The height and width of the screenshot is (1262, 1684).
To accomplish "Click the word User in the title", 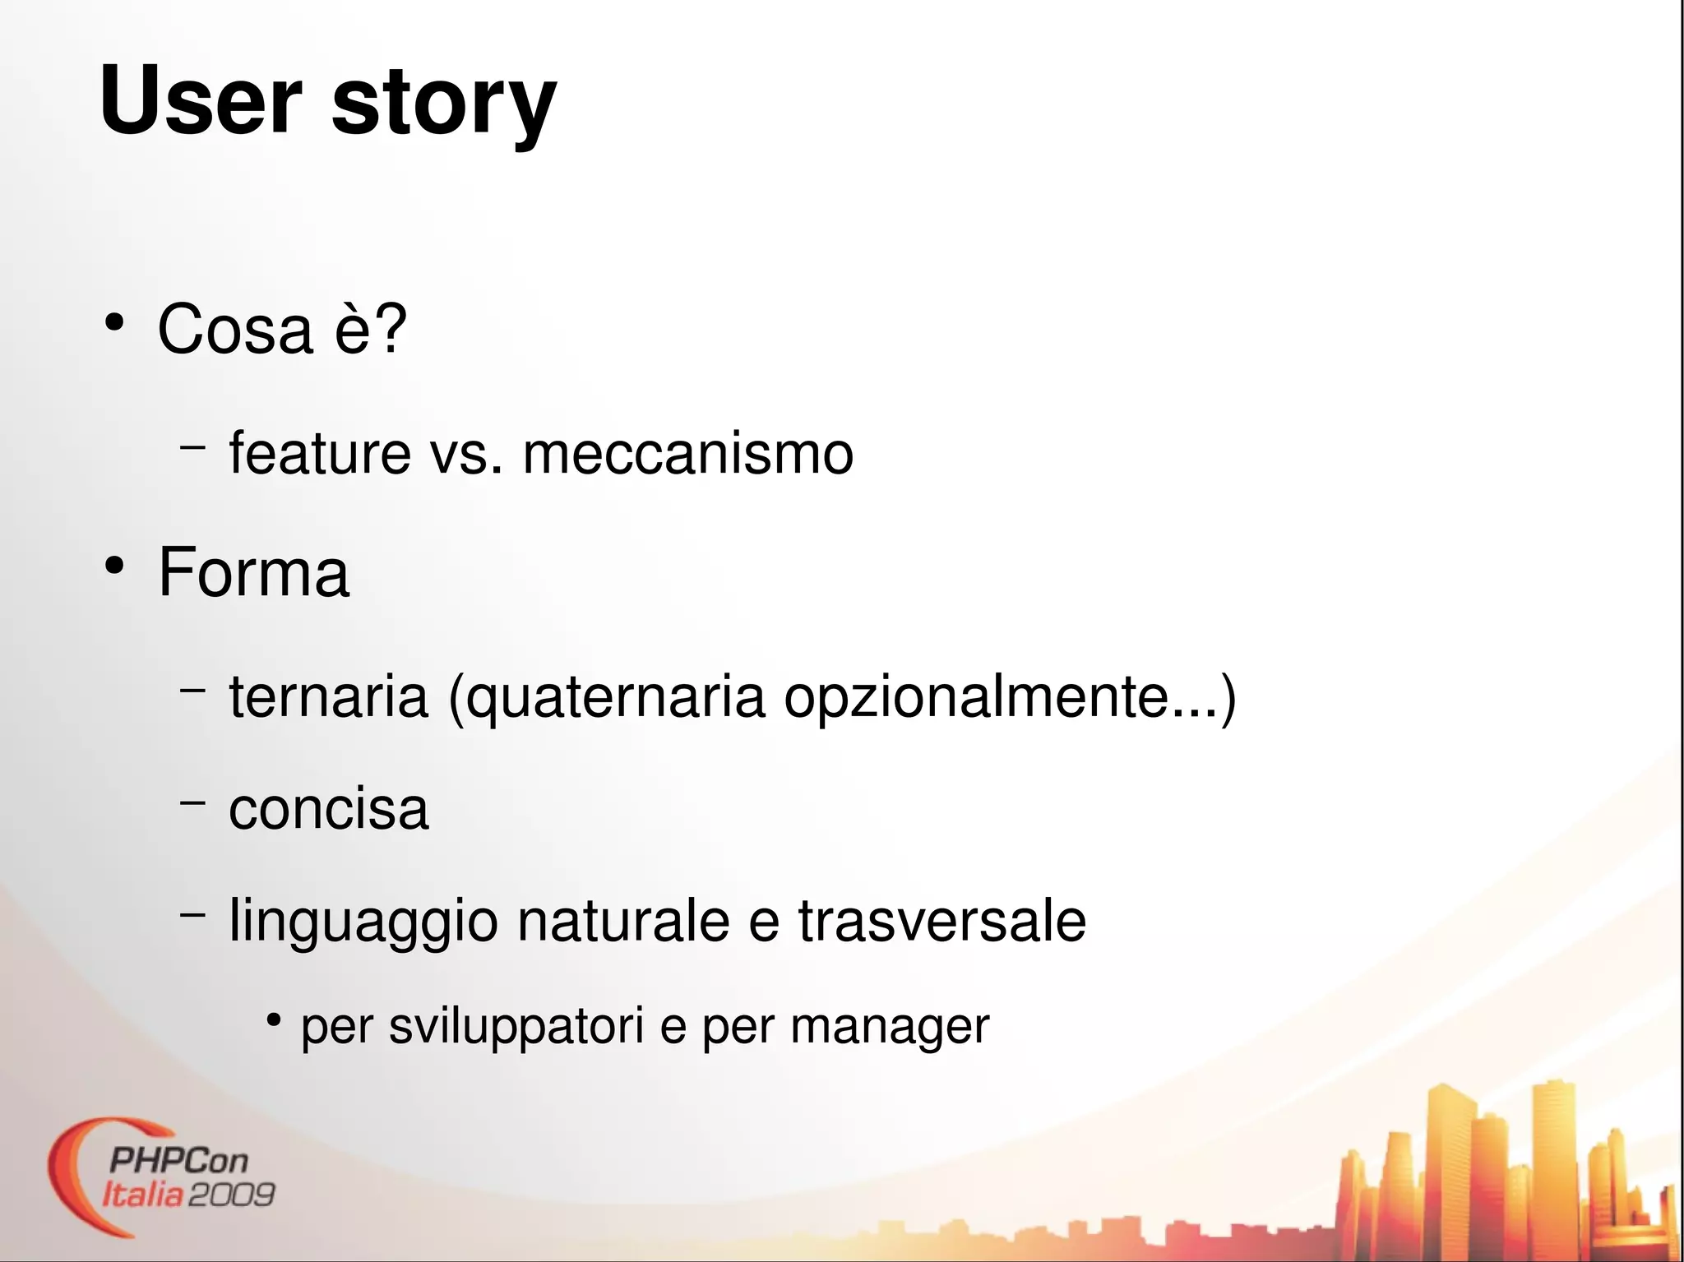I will coord(201,100).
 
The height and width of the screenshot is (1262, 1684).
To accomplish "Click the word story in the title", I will coord(444,104).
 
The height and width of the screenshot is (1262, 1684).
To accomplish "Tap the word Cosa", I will coord(235,330).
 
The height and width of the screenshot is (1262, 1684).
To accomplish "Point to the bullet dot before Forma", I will coord(114,566).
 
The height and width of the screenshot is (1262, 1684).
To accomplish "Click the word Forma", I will coord(253,572).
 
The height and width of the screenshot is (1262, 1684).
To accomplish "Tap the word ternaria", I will coord(328,696).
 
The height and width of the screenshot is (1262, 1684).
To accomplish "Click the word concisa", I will coord(328,809).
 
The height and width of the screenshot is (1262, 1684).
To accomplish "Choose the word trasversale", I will coord(941,921).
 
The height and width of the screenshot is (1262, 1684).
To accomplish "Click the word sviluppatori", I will coord(516,1027).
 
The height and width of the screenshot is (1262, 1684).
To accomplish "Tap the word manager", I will coord(890,1028).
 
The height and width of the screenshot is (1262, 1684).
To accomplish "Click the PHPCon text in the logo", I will coord(178,1161).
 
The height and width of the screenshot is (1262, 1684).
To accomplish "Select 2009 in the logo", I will coord(232,1194).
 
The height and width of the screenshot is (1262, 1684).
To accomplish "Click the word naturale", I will coord(622,921).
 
